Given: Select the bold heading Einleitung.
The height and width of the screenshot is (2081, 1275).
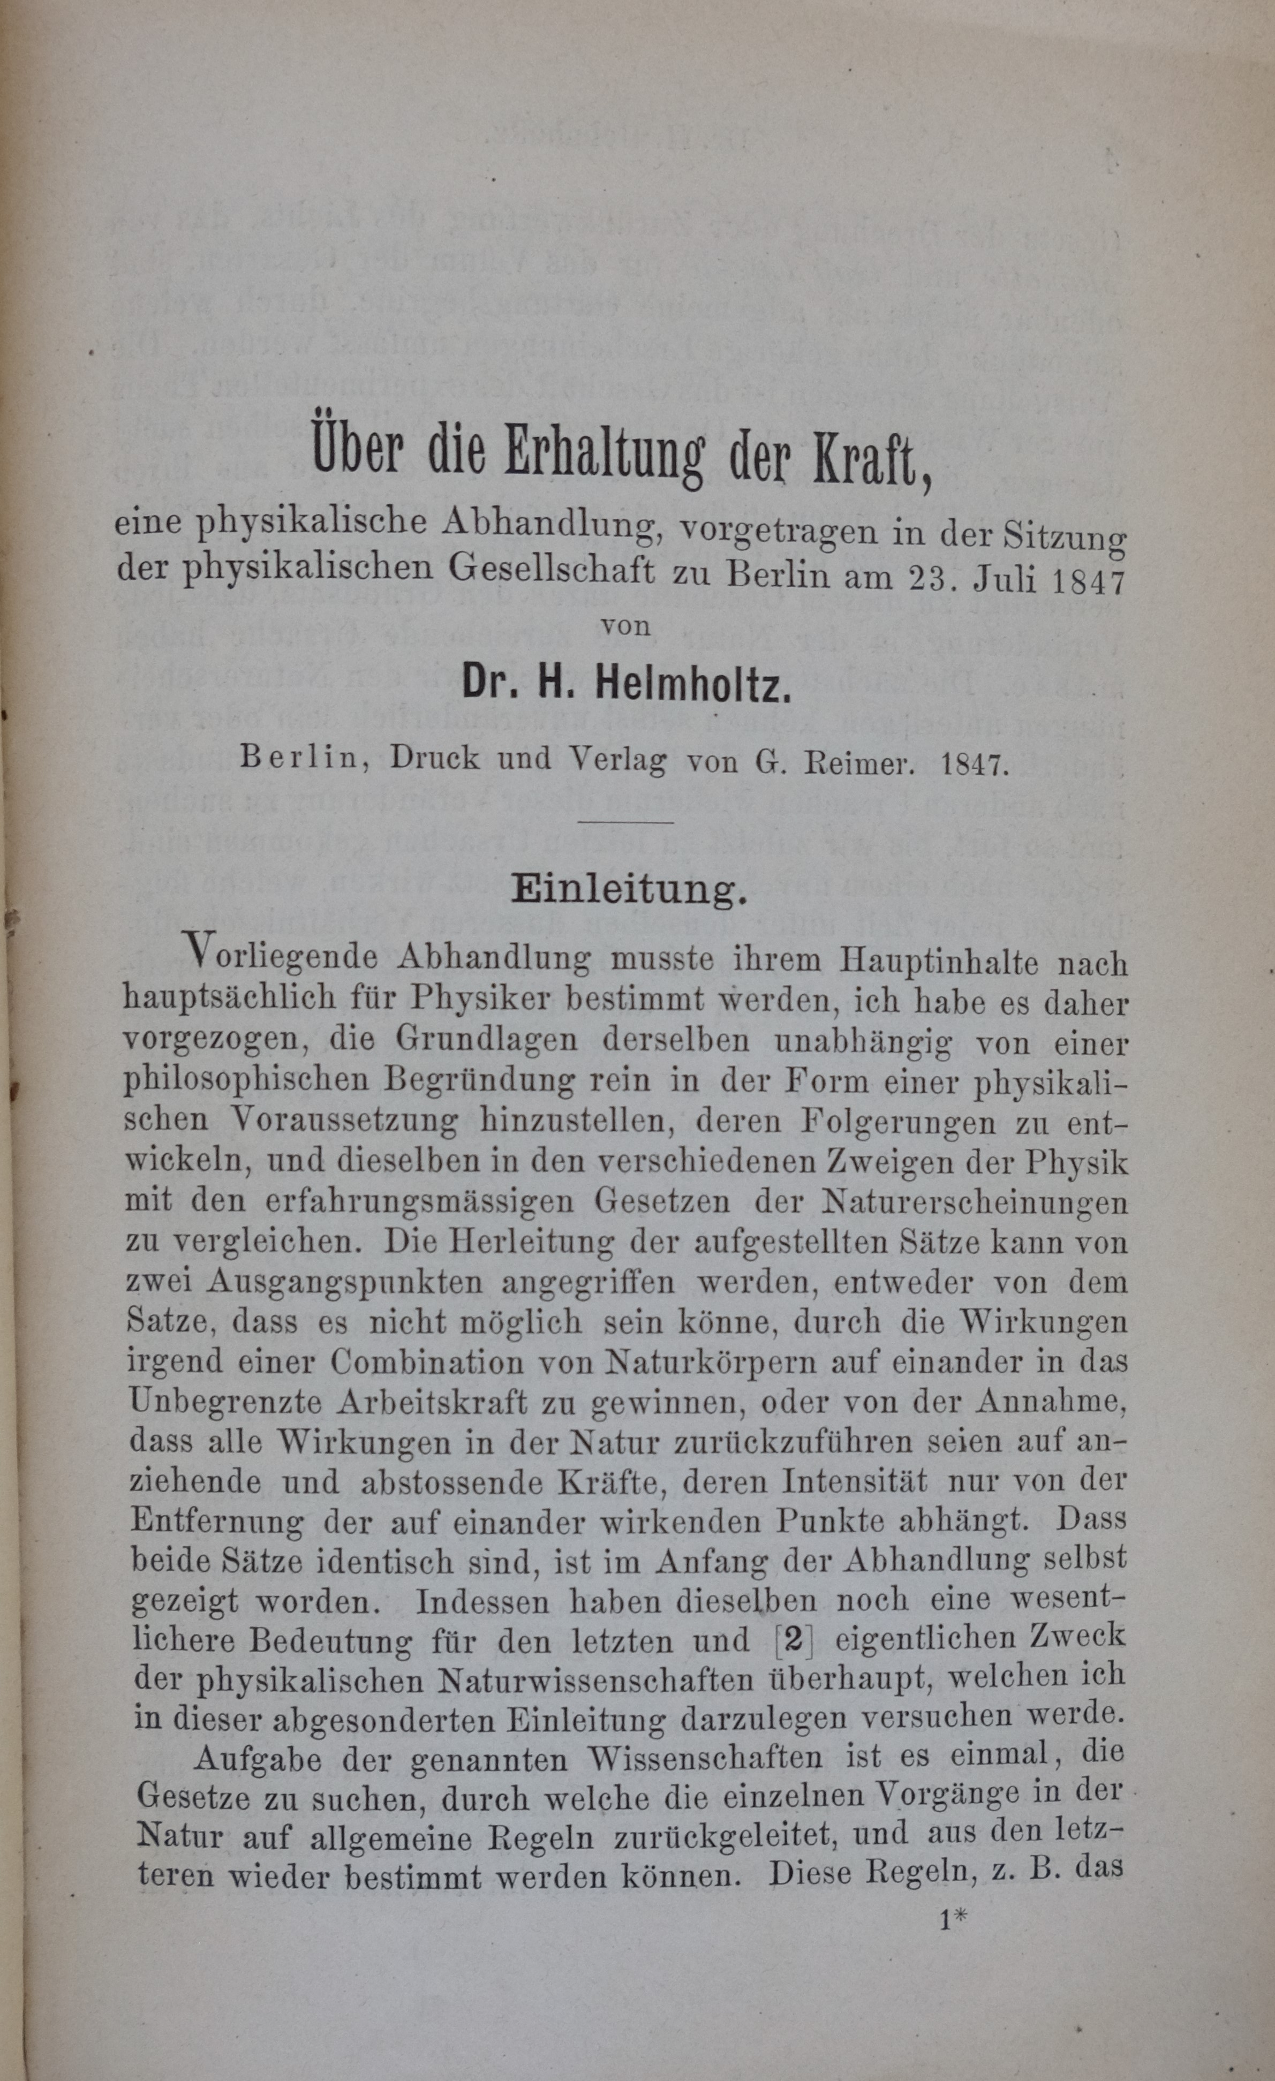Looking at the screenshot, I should coord(630,891).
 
